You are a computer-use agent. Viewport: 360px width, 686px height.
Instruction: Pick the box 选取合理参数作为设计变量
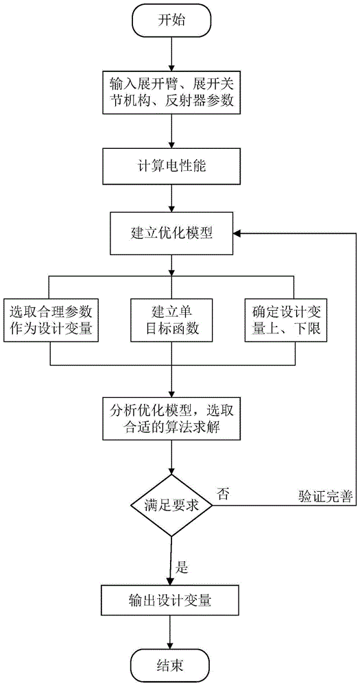coord(50,320)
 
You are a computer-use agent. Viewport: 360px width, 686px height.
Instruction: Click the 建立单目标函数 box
coord(171,320)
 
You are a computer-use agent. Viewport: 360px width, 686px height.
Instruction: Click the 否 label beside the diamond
coord(223,493)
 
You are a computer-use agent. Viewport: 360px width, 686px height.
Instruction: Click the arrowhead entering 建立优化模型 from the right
coord(237,233)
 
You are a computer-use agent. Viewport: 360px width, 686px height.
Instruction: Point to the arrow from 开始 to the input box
coord(171,54)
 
